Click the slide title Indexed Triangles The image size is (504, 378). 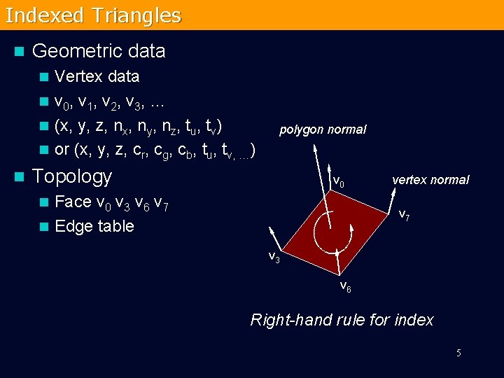[93, 15]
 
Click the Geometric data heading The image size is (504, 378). [99, 51]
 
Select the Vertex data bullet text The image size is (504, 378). [97, 76]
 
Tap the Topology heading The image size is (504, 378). [72, 176]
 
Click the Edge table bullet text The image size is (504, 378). [94, 226]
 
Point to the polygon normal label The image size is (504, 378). [323, 129]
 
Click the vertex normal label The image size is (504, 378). [430, 180]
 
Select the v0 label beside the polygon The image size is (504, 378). [338, 182]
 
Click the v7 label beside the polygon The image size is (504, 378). [405, 215]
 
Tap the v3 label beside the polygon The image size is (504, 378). [274, 256]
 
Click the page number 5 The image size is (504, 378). [458, 353]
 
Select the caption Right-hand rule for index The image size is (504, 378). [342, 320]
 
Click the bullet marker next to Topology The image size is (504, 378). [19, 177]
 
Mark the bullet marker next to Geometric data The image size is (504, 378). [19, 52]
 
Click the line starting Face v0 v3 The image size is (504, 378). [111, 202]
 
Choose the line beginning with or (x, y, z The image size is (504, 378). [154, 150]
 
